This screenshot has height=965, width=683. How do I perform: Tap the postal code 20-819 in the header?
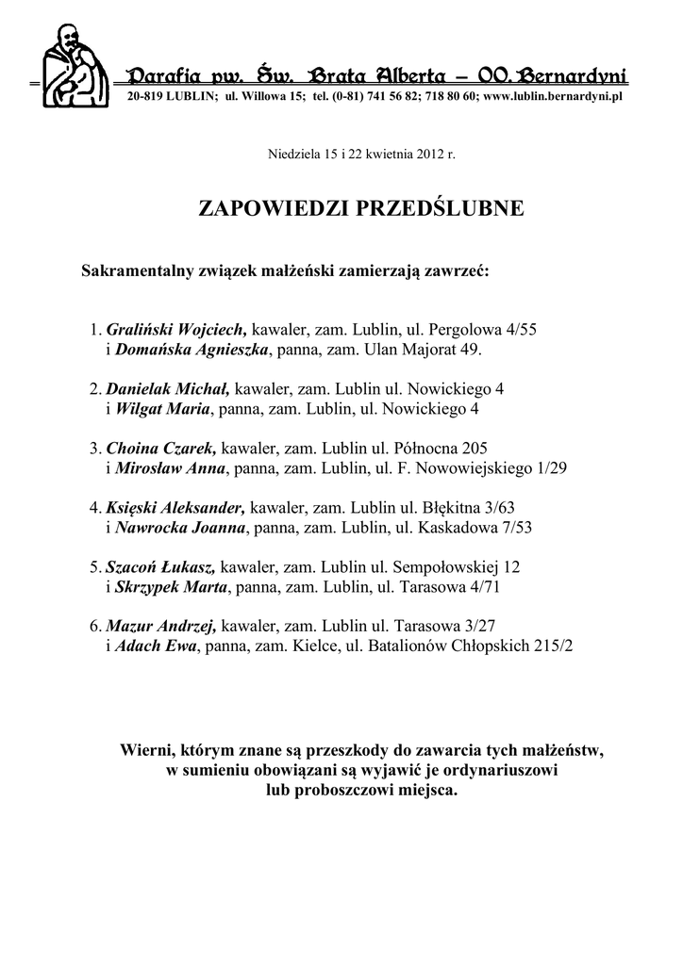[145, 97]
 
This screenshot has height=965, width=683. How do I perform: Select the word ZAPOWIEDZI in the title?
[275, 208]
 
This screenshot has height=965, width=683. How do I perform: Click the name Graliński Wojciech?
[176, 331]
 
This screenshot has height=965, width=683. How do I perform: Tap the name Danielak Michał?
[168, 389]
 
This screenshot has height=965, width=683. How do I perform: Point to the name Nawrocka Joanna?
[179, 527]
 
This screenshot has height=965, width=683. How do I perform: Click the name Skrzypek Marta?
[171, 586]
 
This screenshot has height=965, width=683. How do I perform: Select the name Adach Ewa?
[155, 646]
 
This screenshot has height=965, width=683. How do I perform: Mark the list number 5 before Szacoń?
[94, 567]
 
